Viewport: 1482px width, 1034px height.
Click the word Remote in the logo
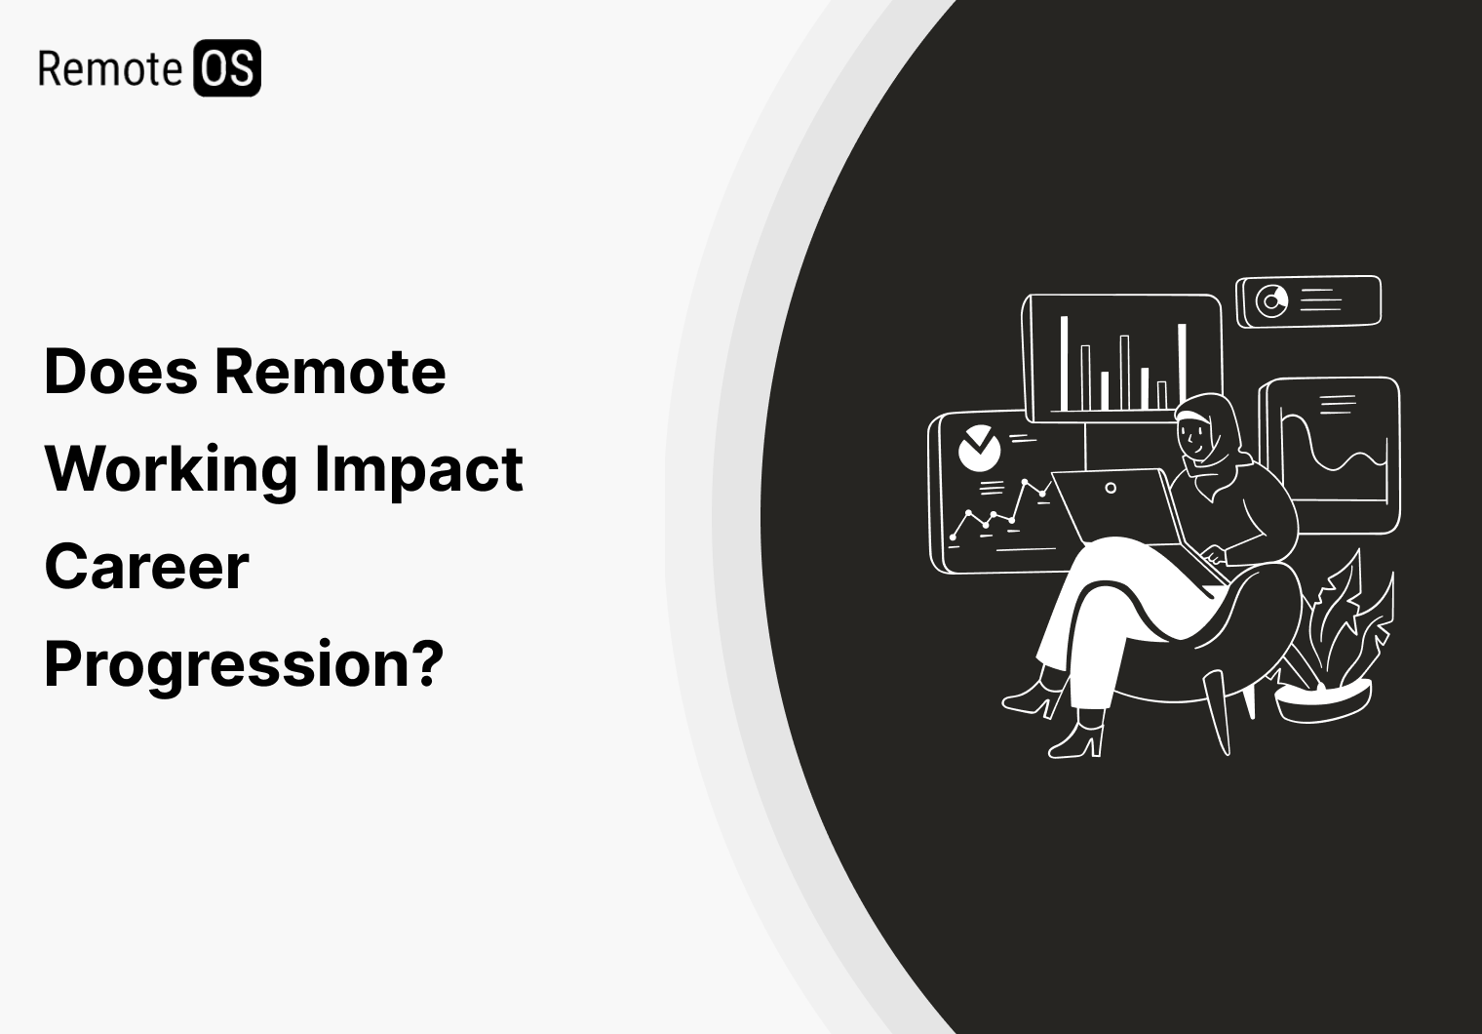coord(109,69)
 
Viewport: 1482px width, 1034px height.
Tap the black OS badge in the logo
coord(226,68)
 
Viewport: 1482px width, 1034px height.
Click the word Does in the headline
coord(121,372)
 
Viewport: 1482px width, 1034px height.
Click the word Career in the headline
coord(146,567)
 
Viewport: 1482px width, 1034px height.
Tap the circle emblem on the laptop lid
coord(1110,488)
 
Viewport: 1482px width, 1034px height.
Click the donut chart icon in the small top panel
coord(1270,300)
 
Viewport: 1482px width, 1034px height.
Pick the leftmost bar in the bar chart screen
coord(1064,362)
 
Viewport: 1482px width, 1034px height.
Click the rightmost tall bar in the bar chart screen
coord(1182,366)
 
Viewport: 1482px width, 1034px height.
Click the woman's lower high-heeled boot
coord(1080,736)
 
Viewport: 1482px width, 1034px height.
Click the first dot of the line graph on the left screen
coord(954,537)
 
